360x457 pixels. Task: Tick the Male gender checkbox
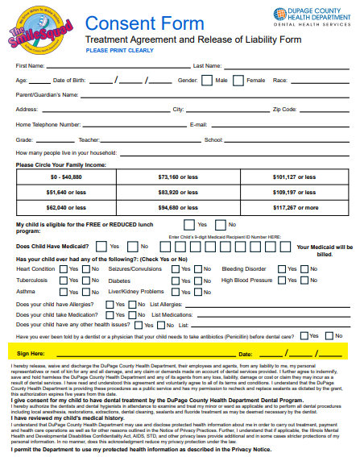[208, 81]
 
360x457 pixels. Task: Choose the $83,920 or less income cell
[179, 193]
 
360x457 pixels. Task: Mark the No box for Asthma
[85, 291]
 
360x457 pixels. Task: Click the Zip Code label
[285, 109]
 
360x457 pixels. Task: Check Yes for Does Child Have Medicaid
[101, 246]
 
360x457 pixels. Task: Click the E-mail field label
[198, 125]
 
